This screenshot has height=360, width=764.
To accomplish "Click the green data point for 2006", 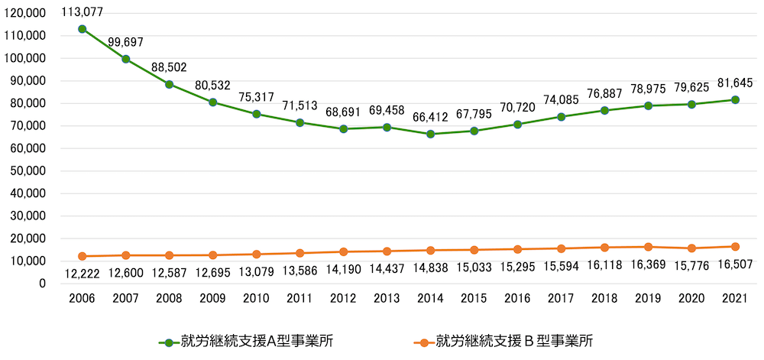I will click(x=82, y=29).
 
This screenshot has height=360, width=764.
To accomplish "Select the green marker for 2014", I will click(x=431, y=134).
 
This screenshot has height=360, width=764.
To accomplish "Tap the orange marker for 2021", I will click(x=735, y=247).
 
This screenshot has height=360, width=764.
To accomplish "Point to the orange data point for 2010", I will click(x=257, y=254).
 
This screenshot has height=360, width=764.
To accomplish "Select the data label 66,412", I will click(x=431, y=116).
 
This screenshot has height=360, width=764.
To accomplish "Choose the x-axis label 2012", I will click(x=344, y=300).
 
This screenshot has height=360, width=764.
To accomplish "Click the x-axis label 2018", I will click(x=604, y=300).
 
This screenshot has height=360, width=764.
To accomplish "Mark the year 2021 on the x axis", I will click(x=735, y=300).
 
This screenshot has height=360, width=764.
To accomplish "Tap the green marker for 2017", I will click(x=562, y=117).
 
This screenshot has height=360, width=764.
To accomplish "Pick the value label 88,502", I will click(x=170, y=67).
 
